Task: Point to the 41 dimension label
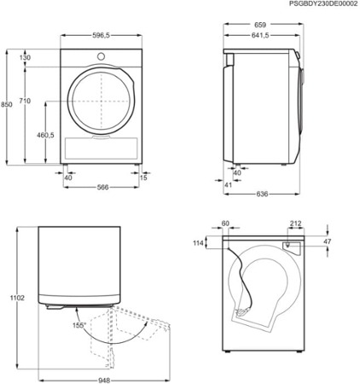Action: (228, 183)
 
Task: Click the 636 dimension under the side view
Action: (262, 195)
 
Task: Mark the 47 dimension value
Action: (328, 242)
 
